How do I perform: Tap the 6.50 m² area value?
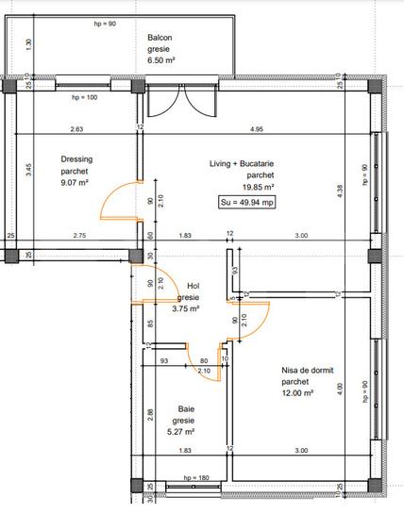pos(162,60)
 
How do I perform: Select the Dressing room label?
pos(76,159)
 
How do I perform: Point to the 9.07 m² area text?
pos(74,182)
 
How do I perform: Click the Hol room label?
pos(194,286)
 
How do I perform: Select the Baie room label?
pos(186,409)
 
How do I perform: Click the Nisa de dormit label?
pos(309,371)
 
